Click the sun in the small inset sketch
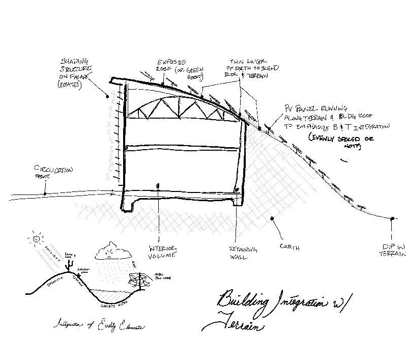pos(36,238)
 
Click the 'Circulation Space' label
pos(53,171)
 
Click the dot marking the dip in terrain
pos(393,218)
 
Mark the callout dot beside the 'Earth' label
pos(272,218)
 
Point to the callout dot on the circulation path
pos(45,193)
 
